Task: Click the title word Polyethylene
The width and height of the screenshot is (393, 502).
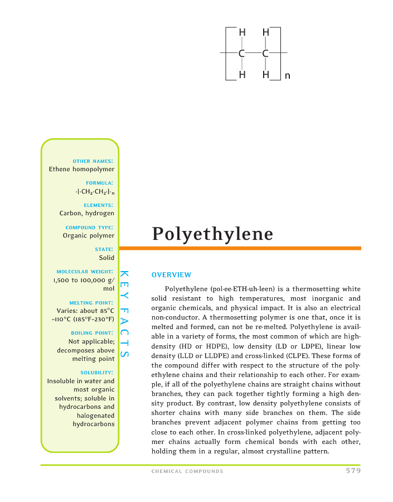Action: pyautogui.click(x=212, y=234)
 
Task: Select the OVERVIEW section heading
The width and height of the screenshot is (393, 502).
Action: pyautogui.click(x=171, y=274)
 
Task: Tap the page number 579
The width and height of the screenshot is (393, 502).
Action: pyautogui.click(x=352, y=471)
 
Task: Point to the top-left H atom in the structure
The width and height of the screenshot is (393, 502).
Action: pyautogui.click(x=242, y=33)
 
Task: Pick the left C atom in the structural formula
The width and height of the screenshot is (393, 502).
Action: pyautogui.click(x=242, y=54)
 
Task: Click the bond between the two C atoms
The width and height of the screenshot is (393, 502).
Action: pyautogui.click(x=254, y=54)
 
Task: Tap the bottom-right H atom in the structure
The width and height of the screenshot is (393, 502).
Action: pyautogui.click(x=266, y=74)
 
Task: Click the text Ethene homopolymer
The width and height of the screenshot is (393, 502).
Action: pyautogui.click(x=81, y=169)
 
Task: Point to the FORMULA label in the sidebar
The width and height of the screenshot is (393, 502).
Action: pyautogui.click(x=100, y=182)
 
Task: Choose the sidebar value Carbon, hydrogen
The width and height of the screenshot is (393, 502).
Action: pyautogui.click(x=87, y=213)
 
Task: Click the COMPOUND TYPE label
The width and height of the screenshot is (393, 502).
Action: pyautogui.click(x=90, y=227)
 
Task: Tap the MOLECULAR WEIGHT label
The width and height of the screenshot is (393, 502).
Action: pyautogui.click(x=85, y=272)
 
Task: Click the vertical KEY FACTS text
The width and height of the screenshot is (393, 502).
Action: pyautogui.click(x=124, y=314)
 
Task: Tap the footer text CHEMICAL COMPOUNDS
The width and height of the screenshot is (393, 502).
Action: pyautogui.click(x=187, y=471)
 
